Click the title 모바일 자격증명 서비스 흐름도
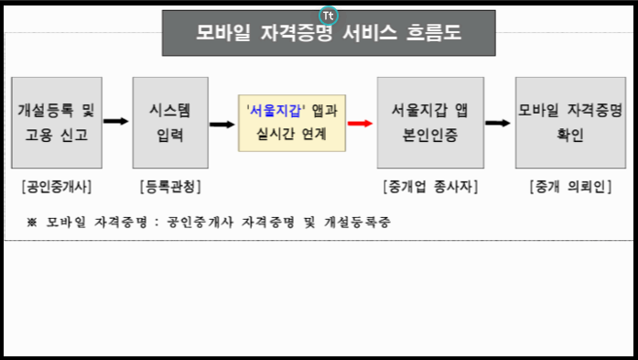coord(329,33)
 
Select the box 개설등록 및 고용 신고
coord(56,123)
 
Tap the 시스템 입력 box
coord(165,123)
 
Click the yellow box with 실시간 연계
coord(292,123)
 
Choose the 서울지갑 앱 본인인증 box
coord(429,123)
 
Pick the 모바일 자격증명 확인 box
coord(570,123)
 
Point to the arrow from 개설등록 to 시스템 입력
coord(115,120)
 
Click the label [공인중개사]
coord(56,187)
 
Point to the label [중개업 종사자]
coord(430,187)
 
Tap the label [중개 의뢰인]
coord(568,187)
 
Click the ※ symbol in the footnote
coord(31,222)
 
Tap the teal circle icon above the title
coord(329,15)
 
